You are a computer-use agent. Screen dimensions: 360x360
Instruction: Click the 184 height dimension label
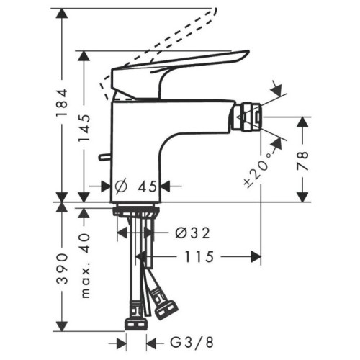point(62,103)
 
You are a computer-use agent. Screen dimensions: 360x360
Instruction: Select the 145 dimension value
point(84,128)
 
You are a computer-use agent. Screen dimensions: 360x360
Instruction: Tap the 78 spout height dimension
point(303,161)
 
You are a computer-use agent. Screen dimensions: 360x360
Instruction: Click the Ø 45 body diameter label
point(136,186)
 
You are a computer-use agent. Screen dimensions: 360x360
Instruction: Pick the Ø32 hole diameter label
point(192,233)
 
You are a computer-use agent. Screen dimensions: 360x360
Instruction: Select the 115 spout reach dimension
point(199,257)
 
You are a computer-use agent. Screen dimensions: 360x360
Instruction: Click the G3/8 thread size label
point(192,342)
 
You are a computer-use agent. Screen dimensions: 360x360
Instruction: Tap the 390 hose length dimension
point(62,268)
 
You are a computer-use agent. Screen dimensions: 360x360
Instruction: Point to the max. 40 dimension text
point(86,265)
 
